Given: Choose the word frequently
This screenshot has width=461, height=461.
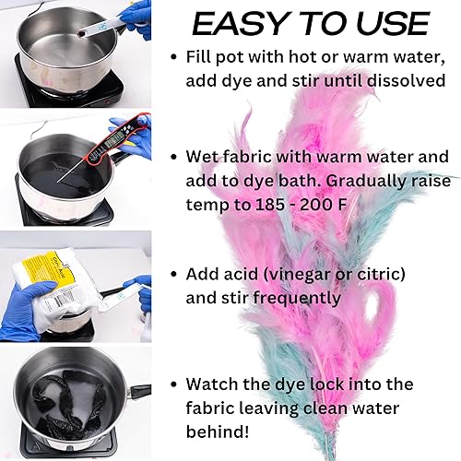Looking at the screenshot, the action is pos(297,298).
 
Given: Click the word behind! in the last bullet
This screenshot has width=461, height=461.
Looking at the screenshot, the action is pos(218,431).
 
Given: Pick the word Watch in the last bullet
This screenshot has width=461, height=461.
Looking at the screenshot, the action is pos(212,384).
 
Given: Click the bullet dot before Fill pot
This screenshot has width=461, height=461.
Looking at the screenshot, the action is pos(174,57).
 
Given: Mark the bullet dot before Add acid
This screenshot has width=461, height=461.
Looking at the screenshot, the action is pos(174,274).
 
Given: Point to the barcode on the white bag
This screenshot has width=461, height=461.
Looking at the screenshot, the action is pos(62,302).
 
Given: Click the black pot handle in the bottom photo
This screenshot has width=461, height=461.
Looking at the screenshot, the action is pos(140,391).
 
